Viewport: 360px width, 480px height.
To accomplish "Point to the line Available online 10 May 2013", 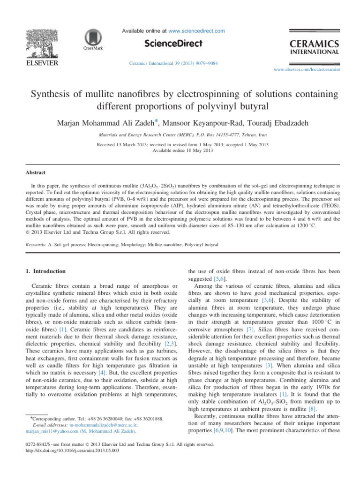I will coord(180,151).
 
